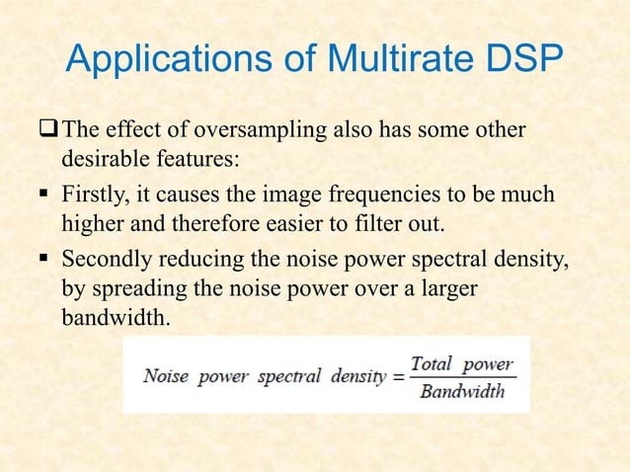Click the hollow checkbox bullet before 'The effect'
pyautogui.click(x=47, y=131)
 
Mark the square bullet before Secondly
pyautogui.click(x=46, y=260)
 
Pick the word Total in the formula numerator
pyautogui.click(x=431, y=363)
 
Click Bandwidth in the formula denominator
pyautogui.click(x=462, y=392)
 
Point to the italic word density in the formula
pyautogui.click(x=357, y=377)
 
